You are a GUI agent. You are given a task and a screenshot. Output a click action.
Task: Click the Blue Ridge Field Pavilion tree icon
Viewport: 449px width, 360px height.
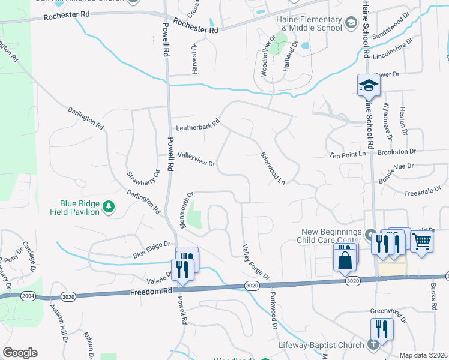(109, 208)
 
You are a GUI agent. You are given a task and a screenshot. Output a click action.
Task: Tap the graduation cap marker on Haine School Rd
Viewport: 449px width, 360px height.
(368, 85)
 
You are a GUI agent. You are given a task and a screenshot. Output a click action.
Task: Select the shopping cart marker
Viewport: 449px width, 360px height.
(422, 242)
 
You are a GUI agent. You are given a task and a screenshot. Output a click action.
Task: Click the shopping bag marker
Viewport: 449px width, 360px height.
(345, 260)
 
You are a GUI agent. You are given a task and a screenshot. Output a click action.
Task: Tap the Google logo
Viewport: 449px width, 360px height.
(20, 353)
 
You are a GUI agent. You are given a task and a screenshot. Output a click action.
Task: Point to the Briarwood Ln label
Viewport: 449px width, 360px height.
(272, 167)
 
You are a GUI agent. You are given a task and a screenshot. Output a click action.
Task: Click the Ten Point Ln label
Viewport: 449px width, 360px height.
(348, 154)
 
